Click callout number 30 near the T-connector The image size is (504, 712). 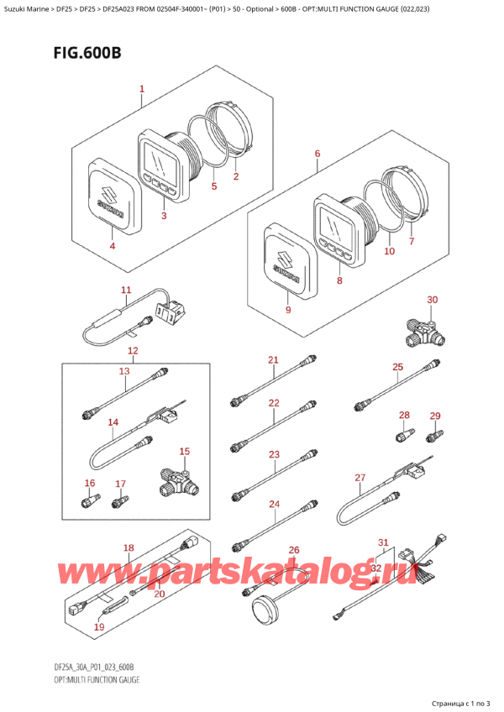click(432, 300)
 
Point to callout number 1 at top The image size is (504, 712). click(142, 89)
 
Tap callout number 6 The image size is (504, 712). click(317, 154)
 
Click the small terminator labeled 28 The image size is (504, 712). click(402, 436)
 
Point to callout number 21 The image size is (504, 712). click(273, 360)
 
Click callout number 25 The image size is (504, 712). click(398, 366)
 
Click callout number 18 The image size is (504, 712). click(128, 548)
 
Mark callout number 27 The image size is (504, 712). click(360, 478)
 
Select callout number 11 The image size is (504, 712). click(126, 291)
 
